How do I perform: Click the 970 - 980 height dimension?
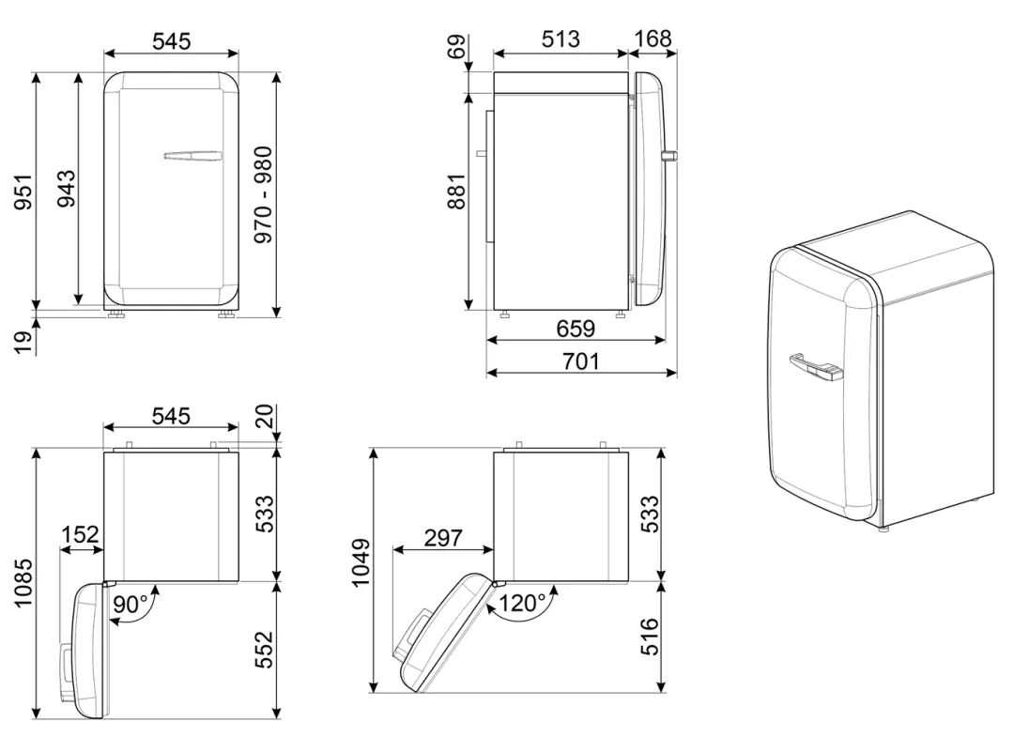pos(264,194)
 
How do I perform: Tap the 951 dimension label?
pos(23,192)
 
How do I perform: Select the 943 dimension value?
pos(66,189)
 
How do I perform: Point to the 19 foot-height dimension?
pos(23,342)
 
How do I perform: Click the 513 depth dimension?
pos(561,39)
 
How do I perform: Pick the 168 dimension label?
pos(653,38)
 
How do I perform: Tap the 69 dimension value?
pos(456,47)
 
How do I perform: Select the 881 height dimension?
pos(456,192)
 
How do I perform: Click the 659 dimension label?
pos(576,329)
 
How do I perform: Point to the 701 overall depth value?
pos(581,361)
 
